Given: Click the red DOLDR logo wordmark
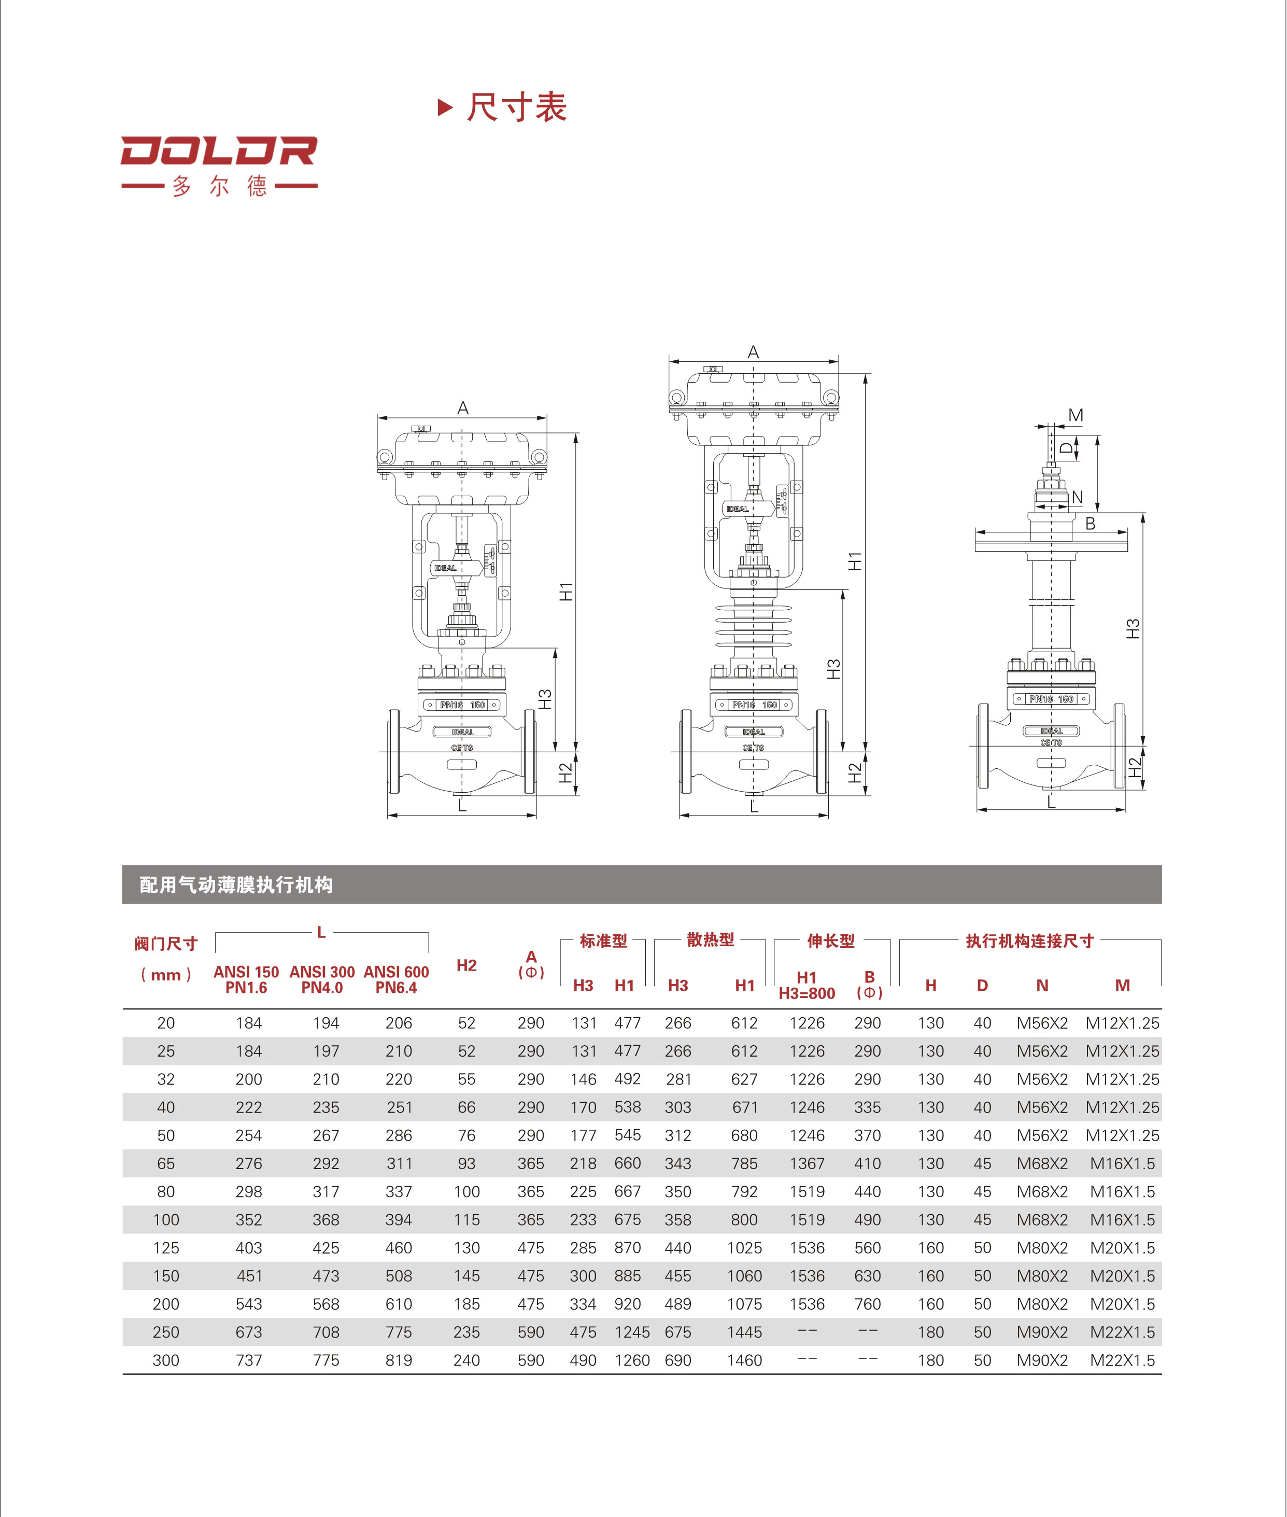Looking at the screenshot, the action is click(219, 151).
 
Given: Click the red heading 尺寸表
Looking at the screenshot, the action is click(517, 107).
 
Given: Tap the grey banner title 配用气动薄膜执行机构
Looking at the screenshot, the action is click(236, 885).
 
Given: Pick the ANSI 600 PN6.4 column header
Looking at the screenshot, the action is click(396, 979).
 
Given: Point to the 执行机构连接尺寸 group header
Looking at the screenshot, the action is click(1029, 940).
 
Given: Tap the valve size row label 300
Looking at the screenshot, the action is click(166, 1360).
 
